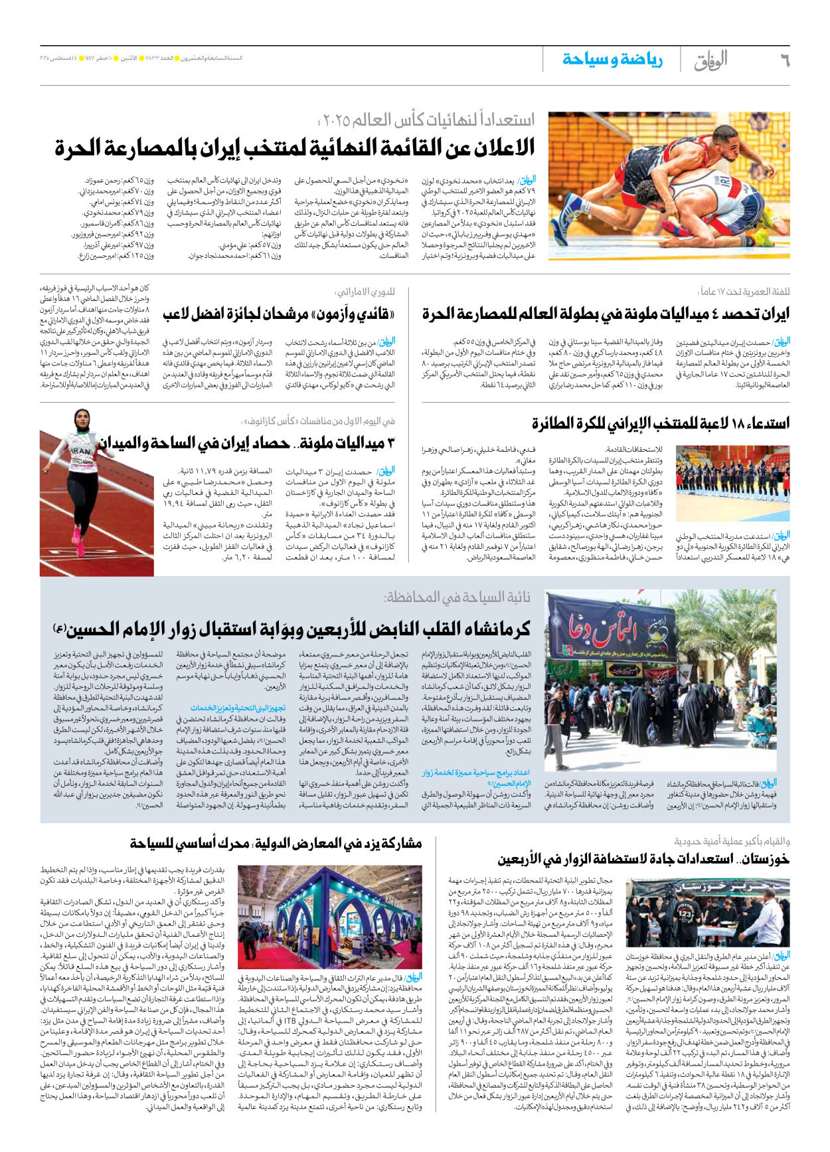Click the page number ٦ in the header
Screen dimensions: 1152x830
point(784,60)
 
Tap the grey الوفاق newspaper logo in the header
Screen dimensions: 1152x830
point(710,60)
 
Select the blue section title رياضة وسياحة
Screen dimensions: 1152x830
point(612,60)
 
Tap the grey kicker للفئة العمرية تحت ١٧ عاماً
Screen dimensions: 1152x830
point(744,292)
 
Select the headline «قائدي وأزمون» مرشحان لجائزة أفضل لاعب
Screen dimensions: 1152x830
point(279,314)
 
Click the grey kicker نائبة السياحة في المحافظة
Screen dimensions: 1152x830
point(457,597)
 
